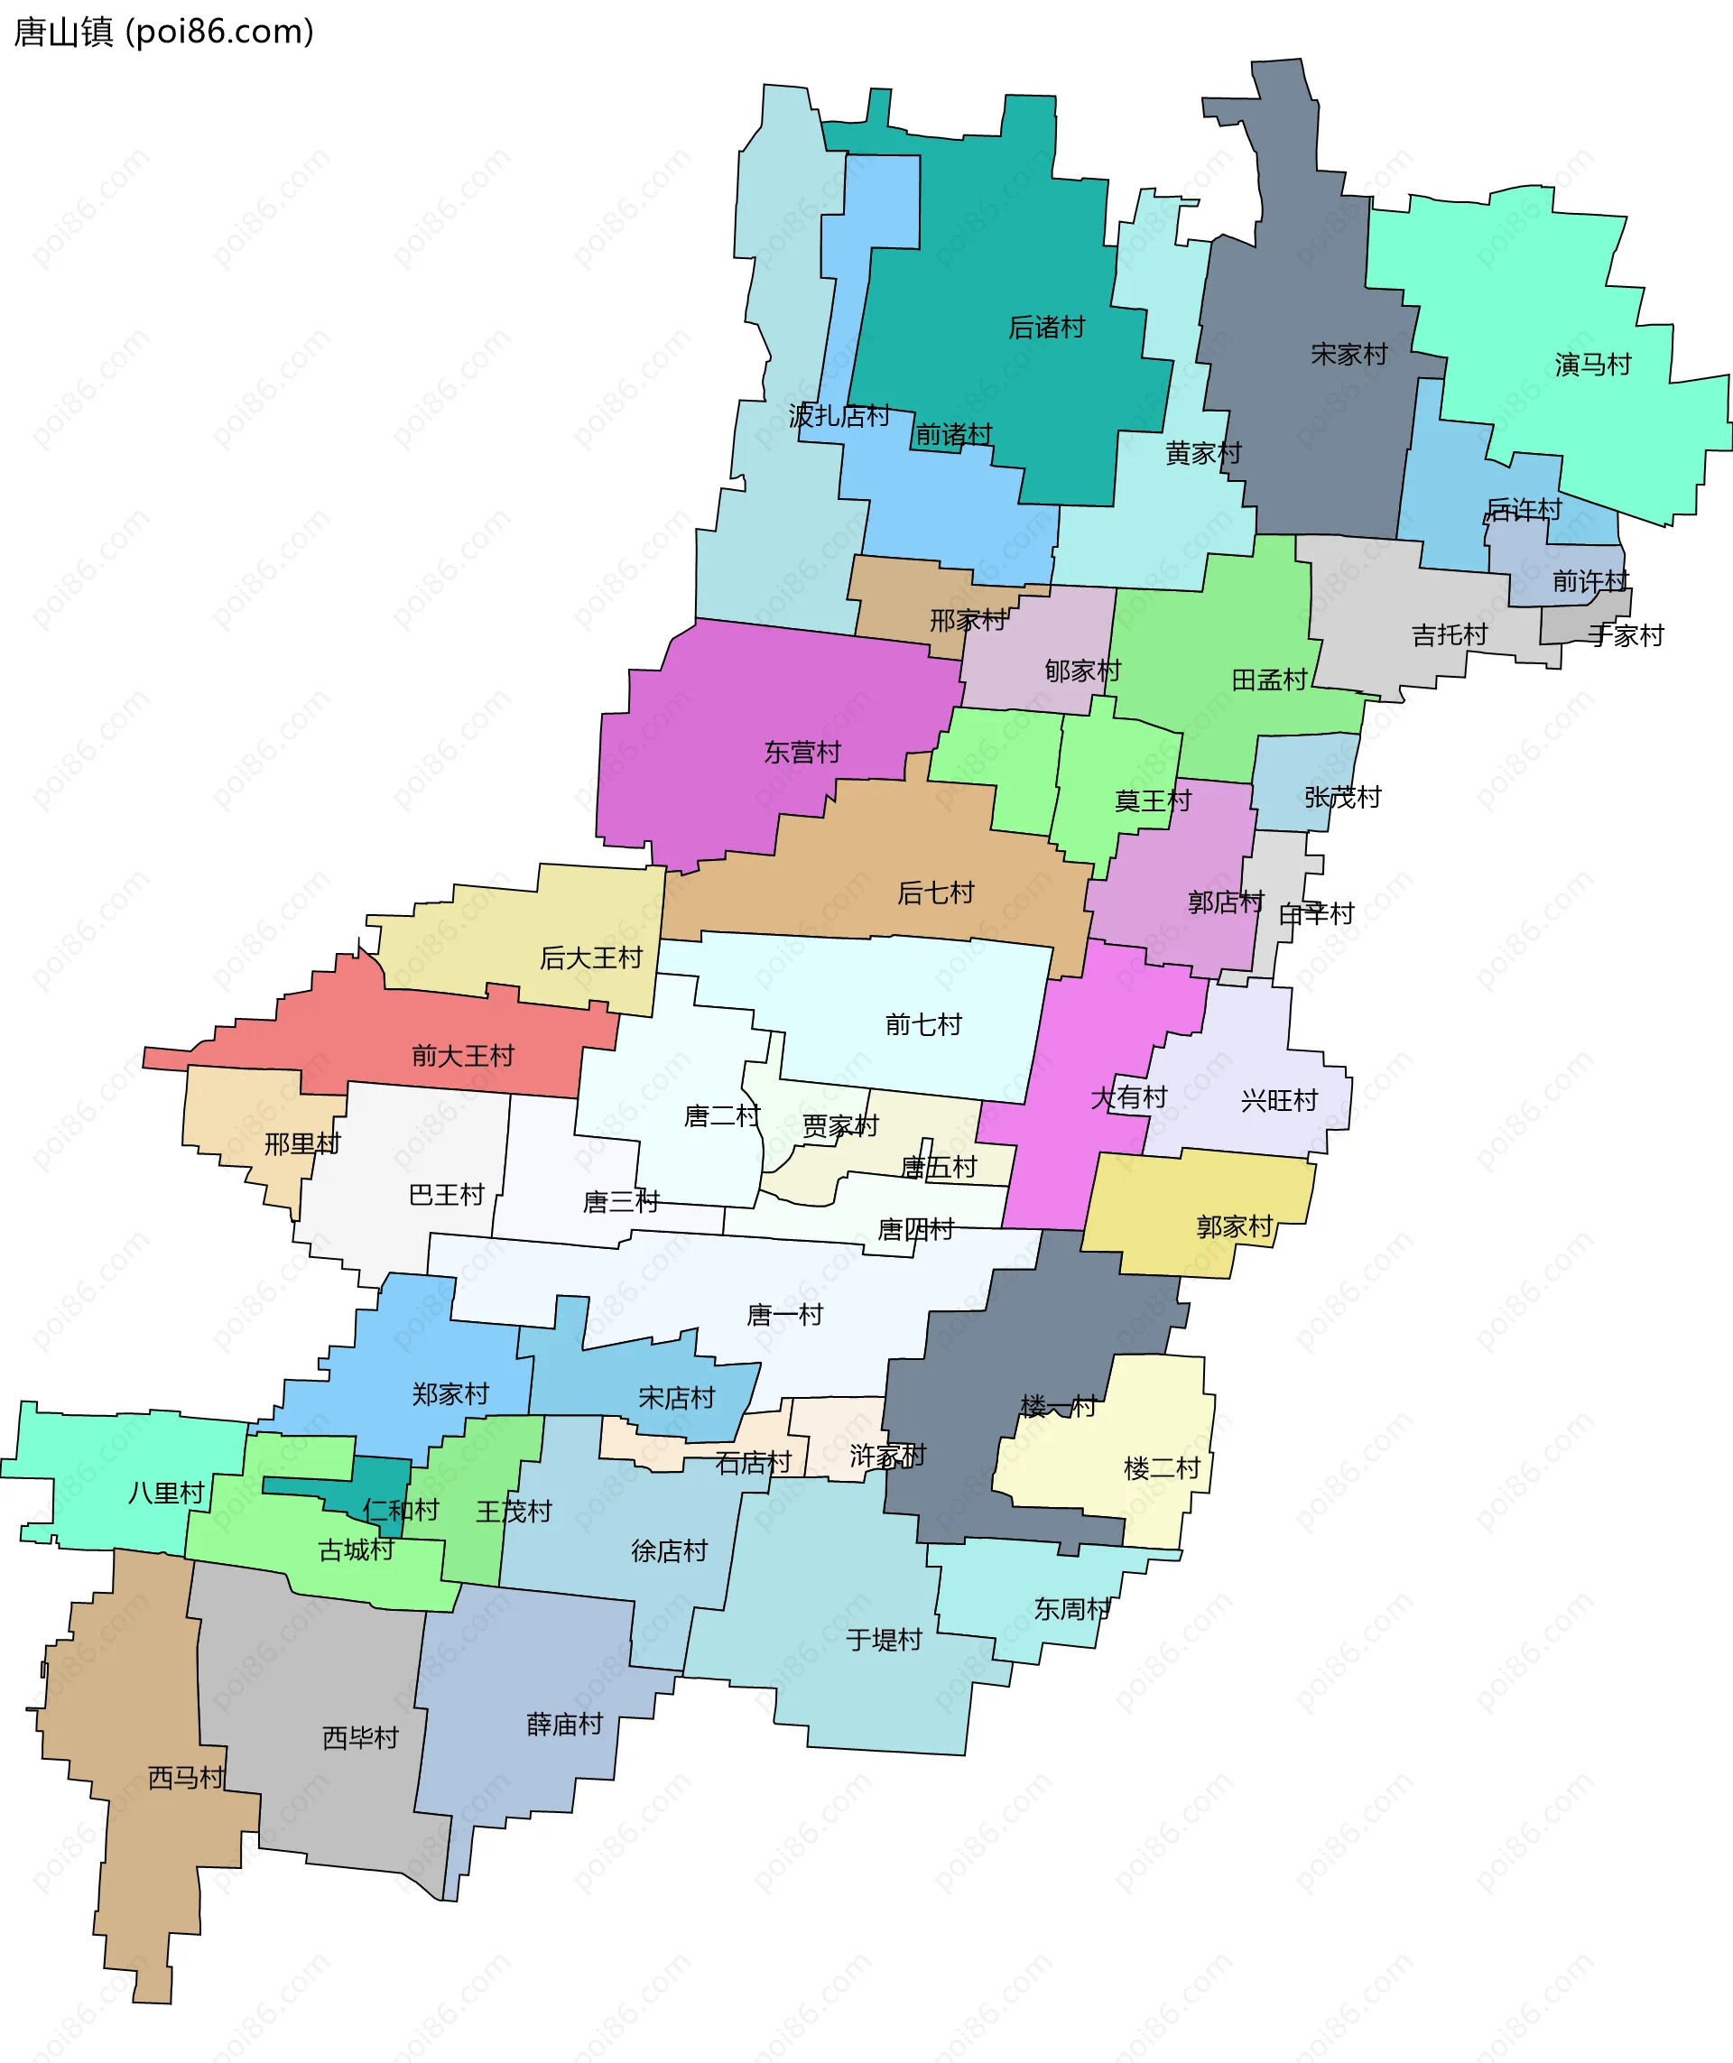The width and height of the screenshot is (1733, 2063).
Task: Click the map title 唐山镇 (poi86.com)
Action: coord(163,32)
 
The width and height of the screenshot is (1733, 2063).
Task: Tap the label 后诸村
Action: coord(1046,327)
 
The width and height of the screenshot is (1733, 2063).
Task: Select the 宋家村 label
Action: coord(1348,354)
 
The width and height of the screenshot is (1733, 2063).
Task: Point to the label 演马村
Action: coord(1592,365)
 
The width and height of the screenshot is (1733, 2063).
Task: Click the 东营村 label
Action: coord(802,753)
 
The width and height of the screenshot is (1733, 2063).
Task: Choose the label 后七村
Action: coord(935,893)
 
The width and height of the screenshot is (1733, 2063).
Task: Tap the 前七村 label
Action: coord(923,1024)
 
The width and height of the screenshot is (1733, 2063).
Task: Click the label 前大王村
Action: coord(463,1056)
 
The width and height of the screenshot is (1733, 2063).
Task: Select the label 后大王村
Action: coord(590,957)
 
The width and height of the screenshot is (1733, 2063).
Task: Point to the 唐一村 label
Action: coord(785,1315)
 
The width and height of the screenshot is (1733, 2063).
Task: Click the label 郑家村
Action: coord(450,1394)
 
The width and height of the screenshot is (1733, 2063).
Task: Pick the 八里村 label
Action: coord(166,1494)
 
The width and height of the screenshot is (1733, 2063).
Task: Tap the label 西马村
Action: coord(186,1778)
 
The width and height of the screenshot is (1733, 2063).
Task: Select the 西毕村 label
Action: coord(360,1738)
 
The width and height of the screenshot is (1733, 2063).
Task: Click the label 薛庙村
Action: coord(565,1724)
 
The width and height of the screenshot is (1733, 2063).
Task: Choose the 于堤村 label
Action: coord(885,1640)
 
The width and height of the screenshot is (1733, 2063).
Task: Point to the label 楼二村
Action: coord(1163,1468)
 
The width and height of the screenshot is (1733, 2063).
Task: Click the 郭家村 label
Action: coord(1235,1227)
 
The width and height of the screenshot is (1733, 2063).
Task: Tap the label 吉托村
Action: coord(1449,634)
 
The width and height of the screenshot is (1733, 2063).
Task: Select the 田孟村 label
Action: coord(1269,680)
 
